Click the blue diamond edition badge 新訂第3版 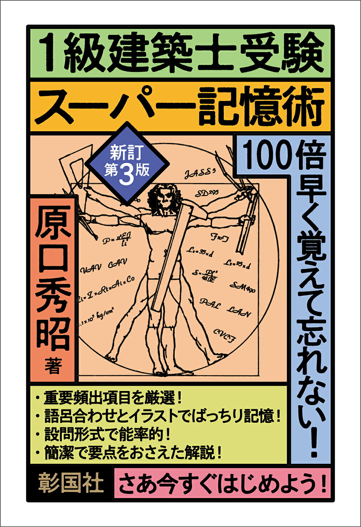pos(127,164)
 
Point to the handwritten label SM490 pos(242,287)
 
